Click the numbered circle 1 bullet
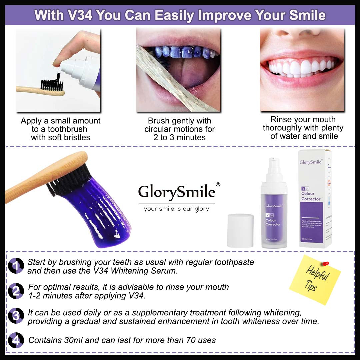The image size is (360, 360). pyautogui.click(x=16, y=266)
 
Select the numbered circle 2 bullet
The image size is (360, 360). pyautogui.click(x=16, y=291)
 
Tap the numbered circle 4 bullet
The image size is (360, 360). pyautogui.click(x=16, y=340)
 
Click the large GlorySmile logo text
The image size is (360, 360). pyautogui.click(x=177, y=192)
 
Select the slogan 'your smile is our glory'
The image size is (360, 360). pyautogui.click(x=176, y=209)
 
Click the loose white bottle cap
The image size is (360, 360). pyautogui.click(x=240, y=230)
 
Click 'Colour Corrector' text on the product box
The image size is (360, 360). pyautogui.click(x=311, y=196)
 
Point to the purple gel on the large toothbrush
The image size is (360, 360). pyautogui.click(x=97, y=213)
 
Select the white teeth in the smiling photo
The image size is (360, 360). pyautogui.click(x=302, y=67)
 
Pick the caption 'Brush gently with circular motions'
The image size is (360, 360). pyautogui.click(x=180, y=125)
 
